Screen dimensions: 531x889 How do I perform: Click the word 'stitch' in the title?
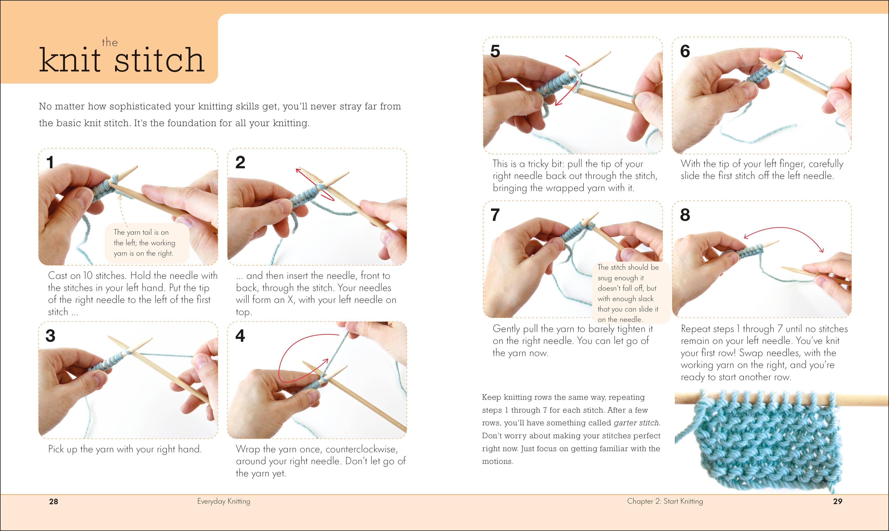[159, 60]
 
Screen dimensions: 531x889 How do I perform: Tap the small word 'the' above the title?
[110, 43]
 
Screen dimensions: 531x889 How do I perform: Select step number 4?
[240, 336]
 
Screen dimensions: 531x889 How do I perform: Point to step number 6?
[685, 51]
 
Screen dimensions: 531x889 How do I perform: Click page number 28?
[53, 501]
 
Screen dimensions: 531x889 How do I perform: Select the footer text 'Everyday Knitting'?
[223, 501]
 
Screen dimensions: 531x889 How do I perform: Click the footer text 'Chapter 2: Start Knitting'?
[665, 501]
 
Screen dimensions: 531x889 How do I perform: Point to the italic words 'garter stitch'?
[636, 423]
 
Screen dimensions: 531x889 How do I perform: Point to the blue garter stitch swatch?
[767, 444]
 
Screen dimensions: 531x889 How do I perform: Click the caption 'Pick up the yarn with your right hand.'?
[125, 449]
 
